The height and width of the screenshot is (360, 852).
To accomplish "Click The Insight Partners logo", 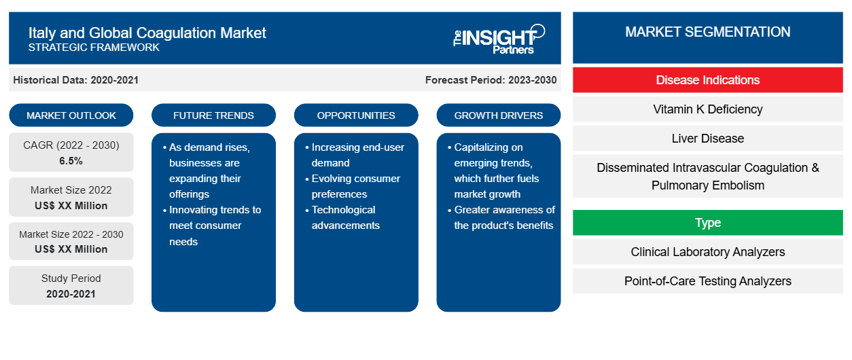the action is pos(499,39).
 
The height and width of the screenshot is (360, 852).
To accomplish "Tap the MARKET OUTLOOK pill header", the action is pos(71,115).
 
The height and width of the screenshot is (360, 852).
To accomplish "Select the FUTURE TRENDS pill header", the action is pos(213,115).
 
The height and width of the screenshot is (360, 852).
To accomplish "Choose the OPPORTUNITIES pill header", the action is pos(356,115).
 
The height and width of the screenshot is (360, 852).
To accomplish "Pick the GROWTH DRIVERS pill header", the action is pos(499,115).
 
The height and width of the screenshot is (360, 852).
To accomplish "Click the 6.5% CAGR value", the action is pos(71,161).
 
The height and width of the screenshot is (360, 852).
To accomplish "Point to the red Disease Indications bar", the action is pos(708,80).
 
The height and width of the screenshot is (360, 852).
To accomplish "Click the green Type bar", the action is pos(708,222).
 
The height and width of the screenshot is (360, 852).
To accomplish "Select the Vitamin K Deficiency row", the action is pos(708,109).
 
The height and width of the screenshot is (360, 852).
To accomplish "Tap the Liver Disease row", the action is pos(708,139).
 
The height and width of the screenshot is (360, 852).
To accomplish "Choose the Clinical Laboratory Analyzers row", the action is pos(708,251).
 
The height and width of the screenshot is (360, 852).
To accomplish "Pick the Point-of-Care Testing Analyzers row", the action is pos(708,281).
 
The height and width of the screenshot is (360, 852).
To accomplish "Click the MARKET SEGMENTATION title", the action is pos(708,32).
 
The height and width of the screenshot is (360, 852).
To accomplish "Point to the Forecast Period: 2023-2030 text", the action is pos(491,80).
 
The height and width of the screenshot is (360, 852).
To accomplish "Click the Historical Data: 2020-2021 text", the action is pos(75,80).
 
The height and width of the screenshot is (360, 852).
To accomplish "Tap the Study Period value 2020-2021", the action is pos(71,294).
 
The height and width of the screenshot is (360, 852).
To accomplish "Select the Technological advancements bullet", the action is pos(343,217).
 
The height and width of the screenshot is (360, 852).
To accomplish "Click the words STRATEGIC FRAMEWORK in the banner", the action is pos(94,48).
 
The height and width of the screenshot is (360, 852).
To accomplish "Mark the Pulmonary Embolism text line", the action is pos(708,185).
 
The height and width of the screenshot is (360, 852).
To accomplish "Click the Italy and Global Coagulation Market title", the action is pos(147,33).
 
